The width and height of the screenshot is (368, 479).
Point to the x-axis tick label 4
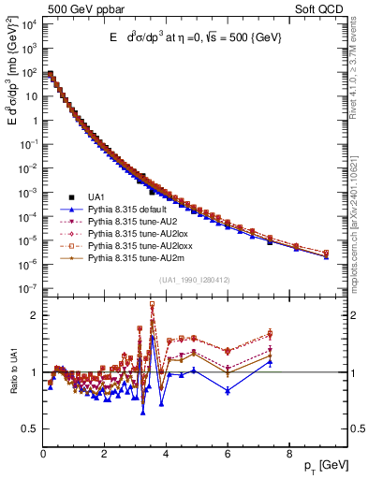[x=166, y=456]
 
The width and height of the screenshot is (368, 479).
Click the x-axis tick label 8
[x=288, y=456]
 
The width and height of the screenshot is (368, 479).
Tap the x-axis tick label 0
[x=43, y=456]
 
